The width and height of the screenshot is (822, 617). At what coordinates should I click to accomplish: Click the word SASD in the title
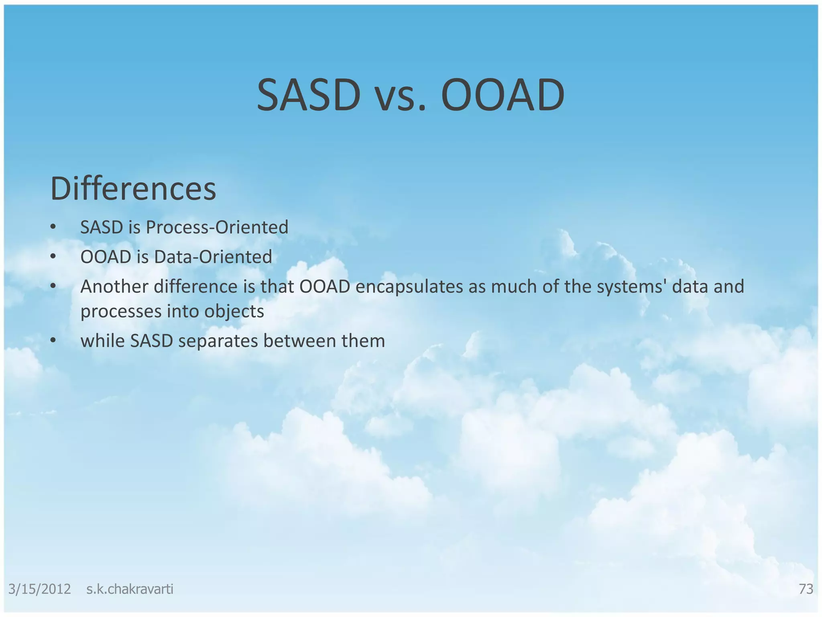pyautogui.click(x=308, y=96)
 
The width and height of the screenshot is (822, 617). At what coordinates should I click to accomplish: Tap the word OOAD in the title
pyautogui.click(x=503, y=96)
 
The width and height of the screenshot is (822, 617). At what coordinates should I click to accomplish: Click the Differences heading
pyautogui.click(x=133, y=189)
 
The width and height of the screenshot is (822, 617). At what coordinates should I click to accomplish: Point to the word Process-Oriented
pyautogui.click(x=217, y=227)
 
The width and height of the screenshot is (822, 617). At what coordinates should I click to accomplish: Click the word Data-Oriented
pyautogui.click(x=213, y=257)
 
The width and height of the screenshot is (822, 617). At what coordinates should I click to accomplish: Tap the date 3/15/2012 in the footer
pyautogui.click(x=39, y=589)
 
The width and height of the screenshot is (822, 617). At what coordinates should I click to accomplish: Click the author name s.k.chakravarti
pyautogui.click(x=130, y=589)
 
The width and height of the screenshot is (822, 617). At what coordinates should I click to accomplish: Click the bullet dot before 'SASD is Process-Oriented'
pyautogui.click(x=53, y=227)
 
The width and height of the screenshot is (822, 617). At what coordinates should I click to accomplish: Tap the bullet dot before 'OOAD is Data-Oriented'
pyautogui.click(x=53, y=257)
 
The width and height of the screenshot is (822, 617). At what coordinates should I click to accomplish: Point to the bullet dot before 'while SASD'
pyautogui.click(x=53, y=341)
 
